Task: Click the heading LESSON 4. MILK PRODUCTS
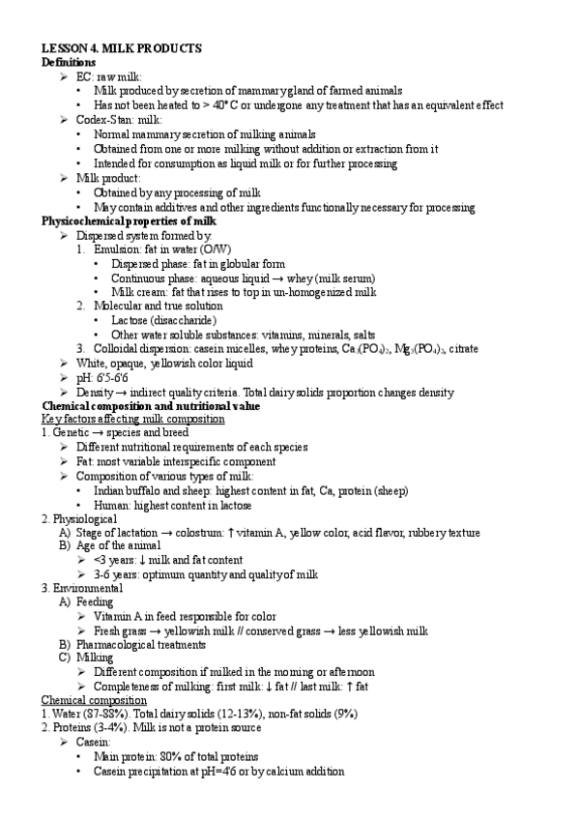[x=121, y=47]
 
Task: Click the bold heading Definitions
[x=68, y=62]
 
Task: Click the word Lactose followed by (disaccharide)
[x=131, y=320]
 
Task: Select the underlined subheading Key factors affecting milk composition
[x=133, y=420]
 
